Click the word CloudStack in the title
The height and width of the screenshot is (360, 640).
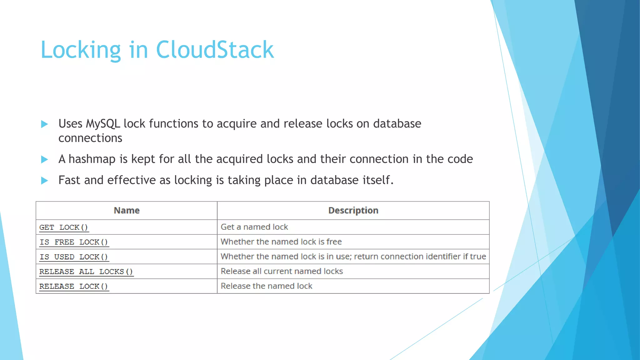215,50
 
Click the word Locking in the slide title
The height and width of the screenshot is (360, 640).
81,50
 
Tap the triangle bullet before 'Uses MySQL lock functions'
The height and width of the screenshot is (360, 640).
44,124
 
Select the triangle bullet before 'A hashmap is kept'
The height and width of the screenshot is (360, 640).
44,160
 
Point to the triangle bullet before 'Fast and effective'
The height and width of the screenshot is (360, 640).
44,181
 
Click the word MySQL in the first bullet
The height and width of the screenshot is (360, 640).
103,124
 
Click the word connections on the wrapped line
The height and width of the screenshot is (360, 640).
90,138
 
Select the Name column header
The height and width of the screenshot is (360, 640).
127,210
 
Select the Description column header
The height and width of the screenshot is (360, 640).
353,210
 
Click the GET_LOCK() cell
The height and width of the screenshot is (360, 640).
64,227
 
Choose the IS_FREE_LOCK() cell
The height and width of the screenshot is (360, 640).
74,242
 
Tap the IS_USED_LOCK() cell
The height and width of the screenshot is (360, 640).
74,257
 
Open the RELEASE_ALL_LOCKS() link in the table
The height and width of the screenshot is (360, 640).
86,272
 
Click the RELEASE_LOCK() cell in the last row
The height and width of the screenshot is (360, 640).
74,286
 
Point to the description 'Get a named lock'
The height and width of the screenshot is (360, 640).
254,227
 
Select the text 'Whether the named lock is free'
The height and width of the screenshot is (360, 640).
281,242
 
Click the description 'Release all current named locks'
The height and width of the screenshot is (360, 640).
282,271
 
